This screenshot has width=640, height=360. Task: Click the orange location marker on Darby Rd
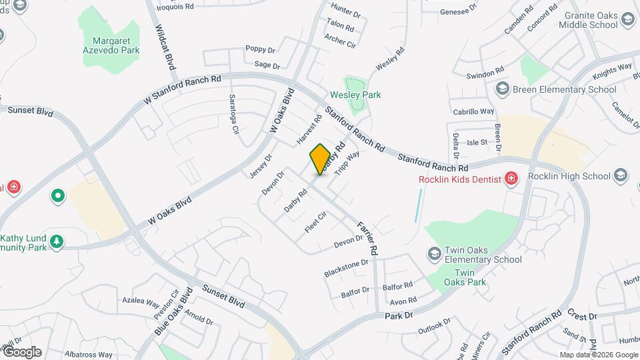coord(320,159)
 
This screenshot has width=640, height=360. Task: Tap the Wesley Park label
coord(355,95)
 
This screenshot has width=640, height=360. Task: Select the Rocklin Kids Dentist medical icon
coord(511,178)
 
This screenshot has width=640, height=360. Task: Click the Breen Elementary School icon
coord(502,89)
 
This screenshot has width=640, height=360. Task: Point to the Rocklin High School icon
coord(621,176)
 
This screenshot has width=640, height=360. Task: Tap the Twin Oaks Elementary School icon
coord(435,254)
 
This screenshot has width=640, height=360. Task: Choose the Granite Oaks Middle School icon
coord(627,20)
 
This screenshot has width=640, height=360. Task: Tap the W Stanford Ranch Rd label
coord(182,89)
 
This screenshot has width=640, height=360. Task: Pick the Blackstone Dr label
coord(346,267)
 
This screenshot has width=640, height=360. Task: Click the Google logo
coord(22,352)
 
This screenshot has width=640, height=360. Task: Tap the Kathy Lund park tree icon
coord(57,241)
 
